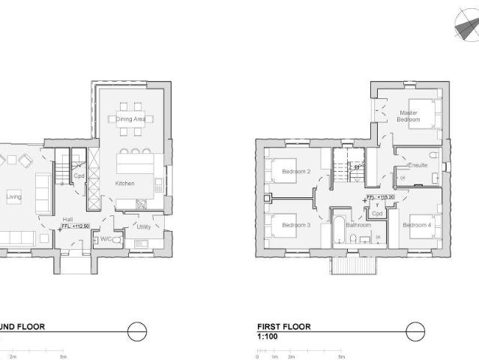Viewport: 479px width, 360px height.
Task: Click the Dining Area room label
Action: pyautogui.click(x=130, y=119)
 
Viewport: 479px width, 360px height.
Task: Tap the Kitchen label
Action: pyautogui.click(x=124, y=184)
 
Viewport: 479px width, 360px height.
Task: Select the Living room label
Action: pyautogui.click(x=13, y=197)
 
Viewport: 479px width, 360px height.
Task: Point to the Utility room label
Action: pyautogui.click(x=144, y=226)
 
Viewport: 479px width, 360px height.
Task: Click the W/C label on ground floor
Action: pyautogui.click(x=106, y=240)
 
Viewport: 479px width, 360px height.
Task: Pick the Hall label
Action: pyautogui.click(x=67, y=218)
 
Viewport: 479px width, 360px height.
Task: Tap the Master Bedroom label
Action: pyautogui.click(x=409, y=116)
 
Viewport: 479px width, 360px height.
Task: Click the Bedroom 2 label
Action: pyautogui.click(x=296, y=172)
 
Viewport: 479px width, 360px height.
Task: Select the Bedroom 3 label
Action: pyautogui.click(x=296, y=225)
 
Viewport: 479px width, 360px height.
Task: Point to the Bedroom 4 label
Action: pyautogui.click(x=417, y=225)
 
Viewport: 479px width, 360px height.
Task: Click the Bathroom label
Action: pyautogui.click(x=358, y=225)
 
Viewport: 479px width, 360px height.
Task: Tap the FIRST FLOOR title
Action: pyautogui.click(x=283, y=327)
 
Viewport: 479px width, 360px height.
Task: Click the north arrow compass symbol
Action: pyautogui.click(x=466, y=29)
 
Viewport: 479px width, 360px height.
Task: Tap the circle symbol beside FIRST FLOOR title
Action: pyautogui.click(x=415, y=331)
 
